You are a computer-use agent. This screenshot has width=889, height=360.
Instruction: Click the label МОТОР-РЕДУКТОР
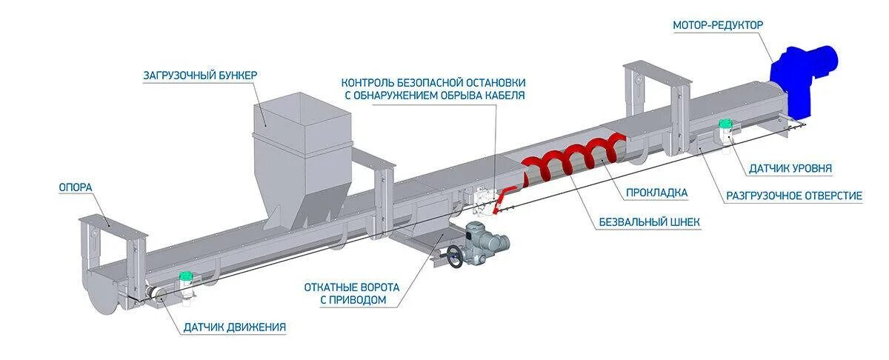tap(717, 25)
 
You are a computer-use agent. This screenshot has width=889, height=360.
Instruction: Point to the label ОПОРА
tap(76, 187)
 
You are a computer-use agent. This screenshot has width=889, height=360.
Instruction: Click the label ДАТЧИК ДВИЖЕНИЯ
tap(234, 327)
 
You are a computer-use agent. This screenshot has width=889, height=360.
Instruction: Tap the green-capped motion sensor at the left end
tap(187, 285)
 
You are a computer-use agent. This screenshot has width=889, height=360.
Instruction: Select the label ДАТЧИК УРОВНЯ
tap(790, 169)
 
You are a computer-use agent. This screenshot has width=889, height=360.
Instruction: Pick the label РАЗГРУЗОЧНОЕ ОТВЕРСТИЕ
tap(793, 196)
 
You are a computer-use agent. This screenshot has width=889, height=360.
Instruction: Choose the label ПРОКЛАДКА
tap(656, 193)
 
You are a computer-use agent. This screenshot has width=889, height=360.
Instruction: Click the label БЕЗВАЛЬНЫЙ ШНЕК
tap(650, 221)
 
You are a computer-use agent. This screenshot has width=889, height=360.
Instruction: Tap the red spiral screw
tap(570, 159)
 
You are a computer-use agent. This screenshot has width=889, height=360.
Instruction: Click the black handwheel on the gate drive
tap(455, 256)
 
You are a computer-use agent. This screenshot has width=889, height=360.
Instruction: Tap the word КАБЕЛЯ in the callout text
tap(504, 96)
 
